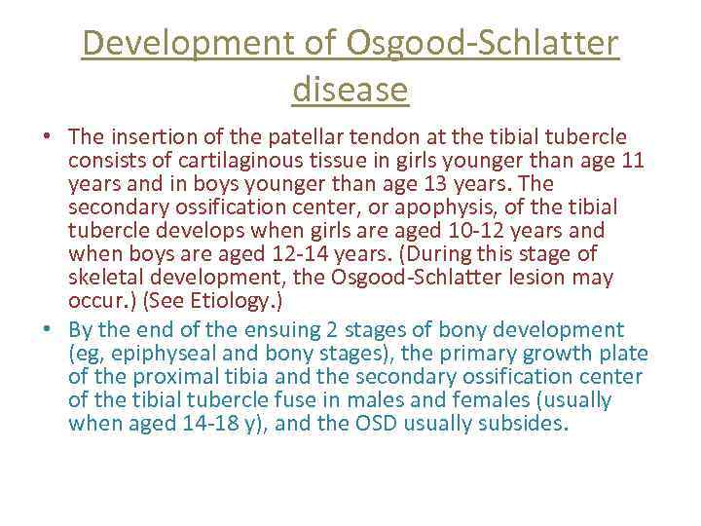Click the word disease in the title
click(x=350, y=90)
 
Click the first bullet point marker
click(x=48, y=137)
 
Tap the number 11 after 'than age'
click(x=632, y=160)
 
